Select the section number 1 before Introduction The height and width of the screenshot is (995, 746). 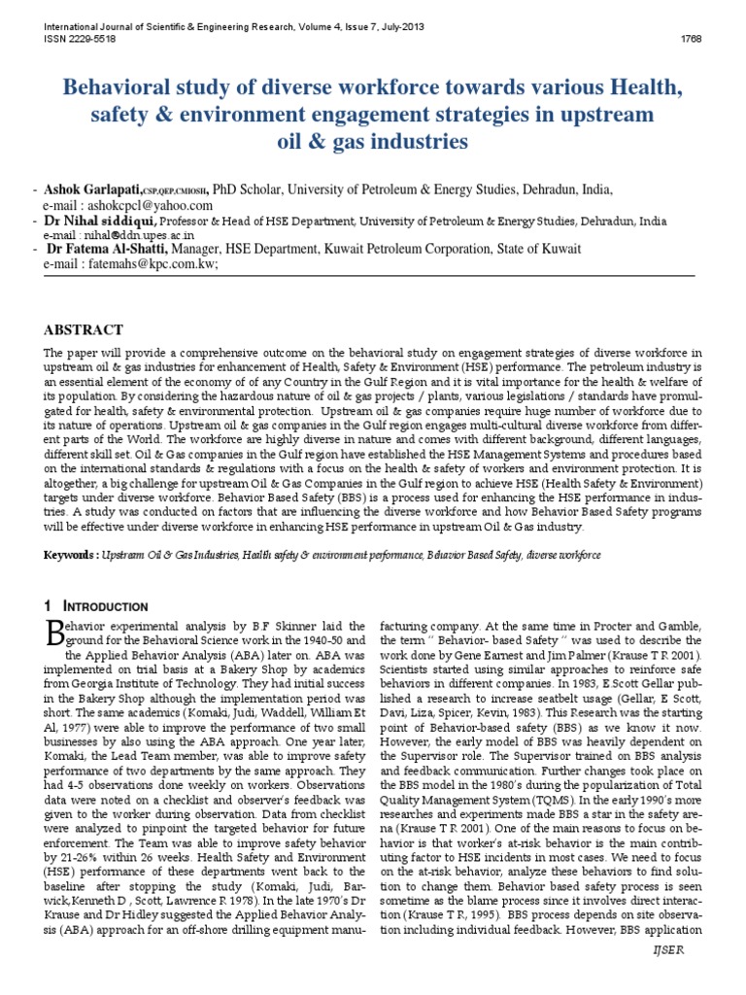tap(51, 606)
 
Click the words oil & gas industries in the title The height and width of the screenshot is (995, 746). tap(372, 142)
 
